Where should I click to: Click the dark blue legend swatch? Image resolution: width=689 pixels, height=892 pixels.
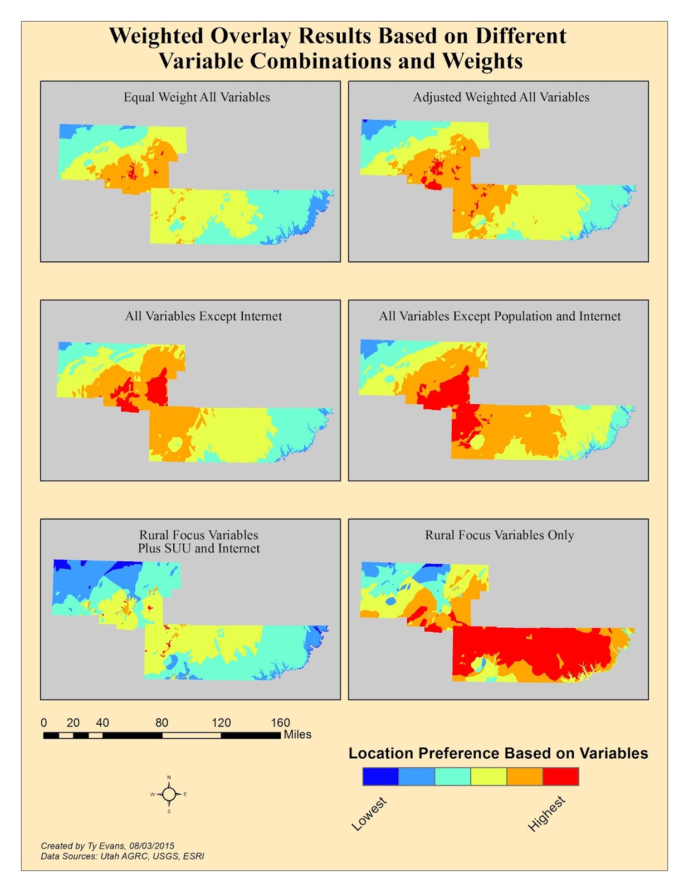380,776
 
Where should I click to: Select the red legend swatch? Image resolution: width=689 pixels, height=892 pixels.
560,776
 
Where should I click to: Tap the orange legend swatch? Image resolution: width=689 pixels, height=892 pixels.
525,776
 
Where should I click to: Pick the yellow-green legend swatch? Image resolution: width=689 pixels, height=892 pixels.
488,776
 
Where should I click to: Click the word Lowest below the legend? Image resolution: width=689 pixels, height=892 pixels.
369,814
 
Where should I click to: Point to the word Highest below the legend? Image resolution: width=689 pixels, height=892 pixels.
546,814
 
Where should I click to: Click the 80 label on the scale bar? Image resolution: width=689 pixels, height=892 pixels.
162,723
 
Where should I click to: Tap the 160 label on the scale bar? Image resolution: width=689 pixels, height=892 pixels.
280,723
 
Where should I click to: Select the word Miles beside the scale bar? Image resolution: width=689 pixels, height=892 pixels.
297,735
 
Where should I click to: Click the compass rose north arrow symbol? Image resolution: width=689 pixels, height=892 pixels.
169,794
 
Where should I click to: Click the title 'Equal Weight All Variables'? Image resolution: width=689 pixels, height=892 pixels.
197,97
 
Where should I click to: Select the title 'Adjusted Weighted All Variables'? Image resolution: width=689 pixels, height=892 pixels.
501,97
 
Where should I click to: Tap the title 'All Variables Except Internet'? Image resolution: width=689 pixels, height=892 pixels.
203,316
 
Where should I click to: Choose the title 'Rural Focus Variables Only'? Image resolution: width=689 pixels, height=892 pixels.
500,535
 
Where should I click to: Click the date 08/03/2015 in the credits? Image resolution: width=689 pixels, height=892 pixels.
152,846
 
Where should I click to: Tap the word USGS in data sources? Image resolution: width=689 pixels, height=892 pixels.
165,856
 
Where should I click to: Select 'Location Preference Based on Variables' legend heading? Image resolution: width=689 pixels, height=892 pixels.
498,753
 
